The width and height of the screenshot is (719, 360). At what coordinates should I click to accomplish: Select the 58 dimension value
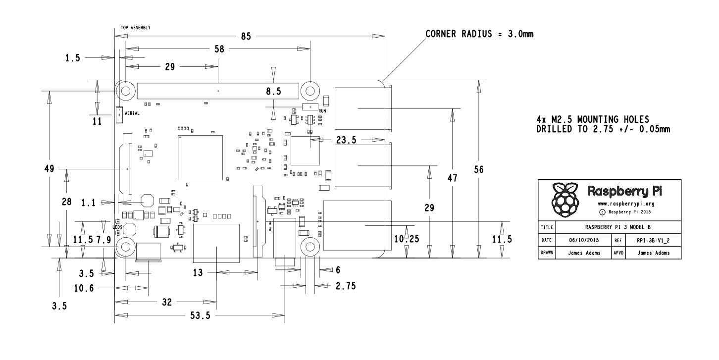coord(216,49)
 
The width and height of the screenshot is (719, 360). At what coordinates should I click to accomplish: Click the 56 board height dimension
coord(478,169)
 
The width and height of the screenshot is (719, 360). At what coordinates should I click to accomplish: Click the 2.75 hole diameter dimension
coord(345,285)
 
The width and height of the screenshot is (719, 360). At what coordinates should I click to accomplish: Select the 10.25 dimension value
coord(406,238)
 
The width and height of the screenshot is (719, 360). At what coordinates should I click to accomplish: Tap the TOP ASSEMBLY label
coord(136,28)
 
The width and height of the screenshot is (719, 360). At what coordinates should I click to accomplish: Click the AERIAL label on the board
coord(132,113)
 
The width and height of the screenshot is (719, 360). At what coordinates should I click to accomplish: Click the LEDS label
coord(117,227)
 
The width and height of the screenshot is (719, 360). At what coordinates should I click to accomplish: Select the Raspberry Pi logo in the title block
coord(565,200)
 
